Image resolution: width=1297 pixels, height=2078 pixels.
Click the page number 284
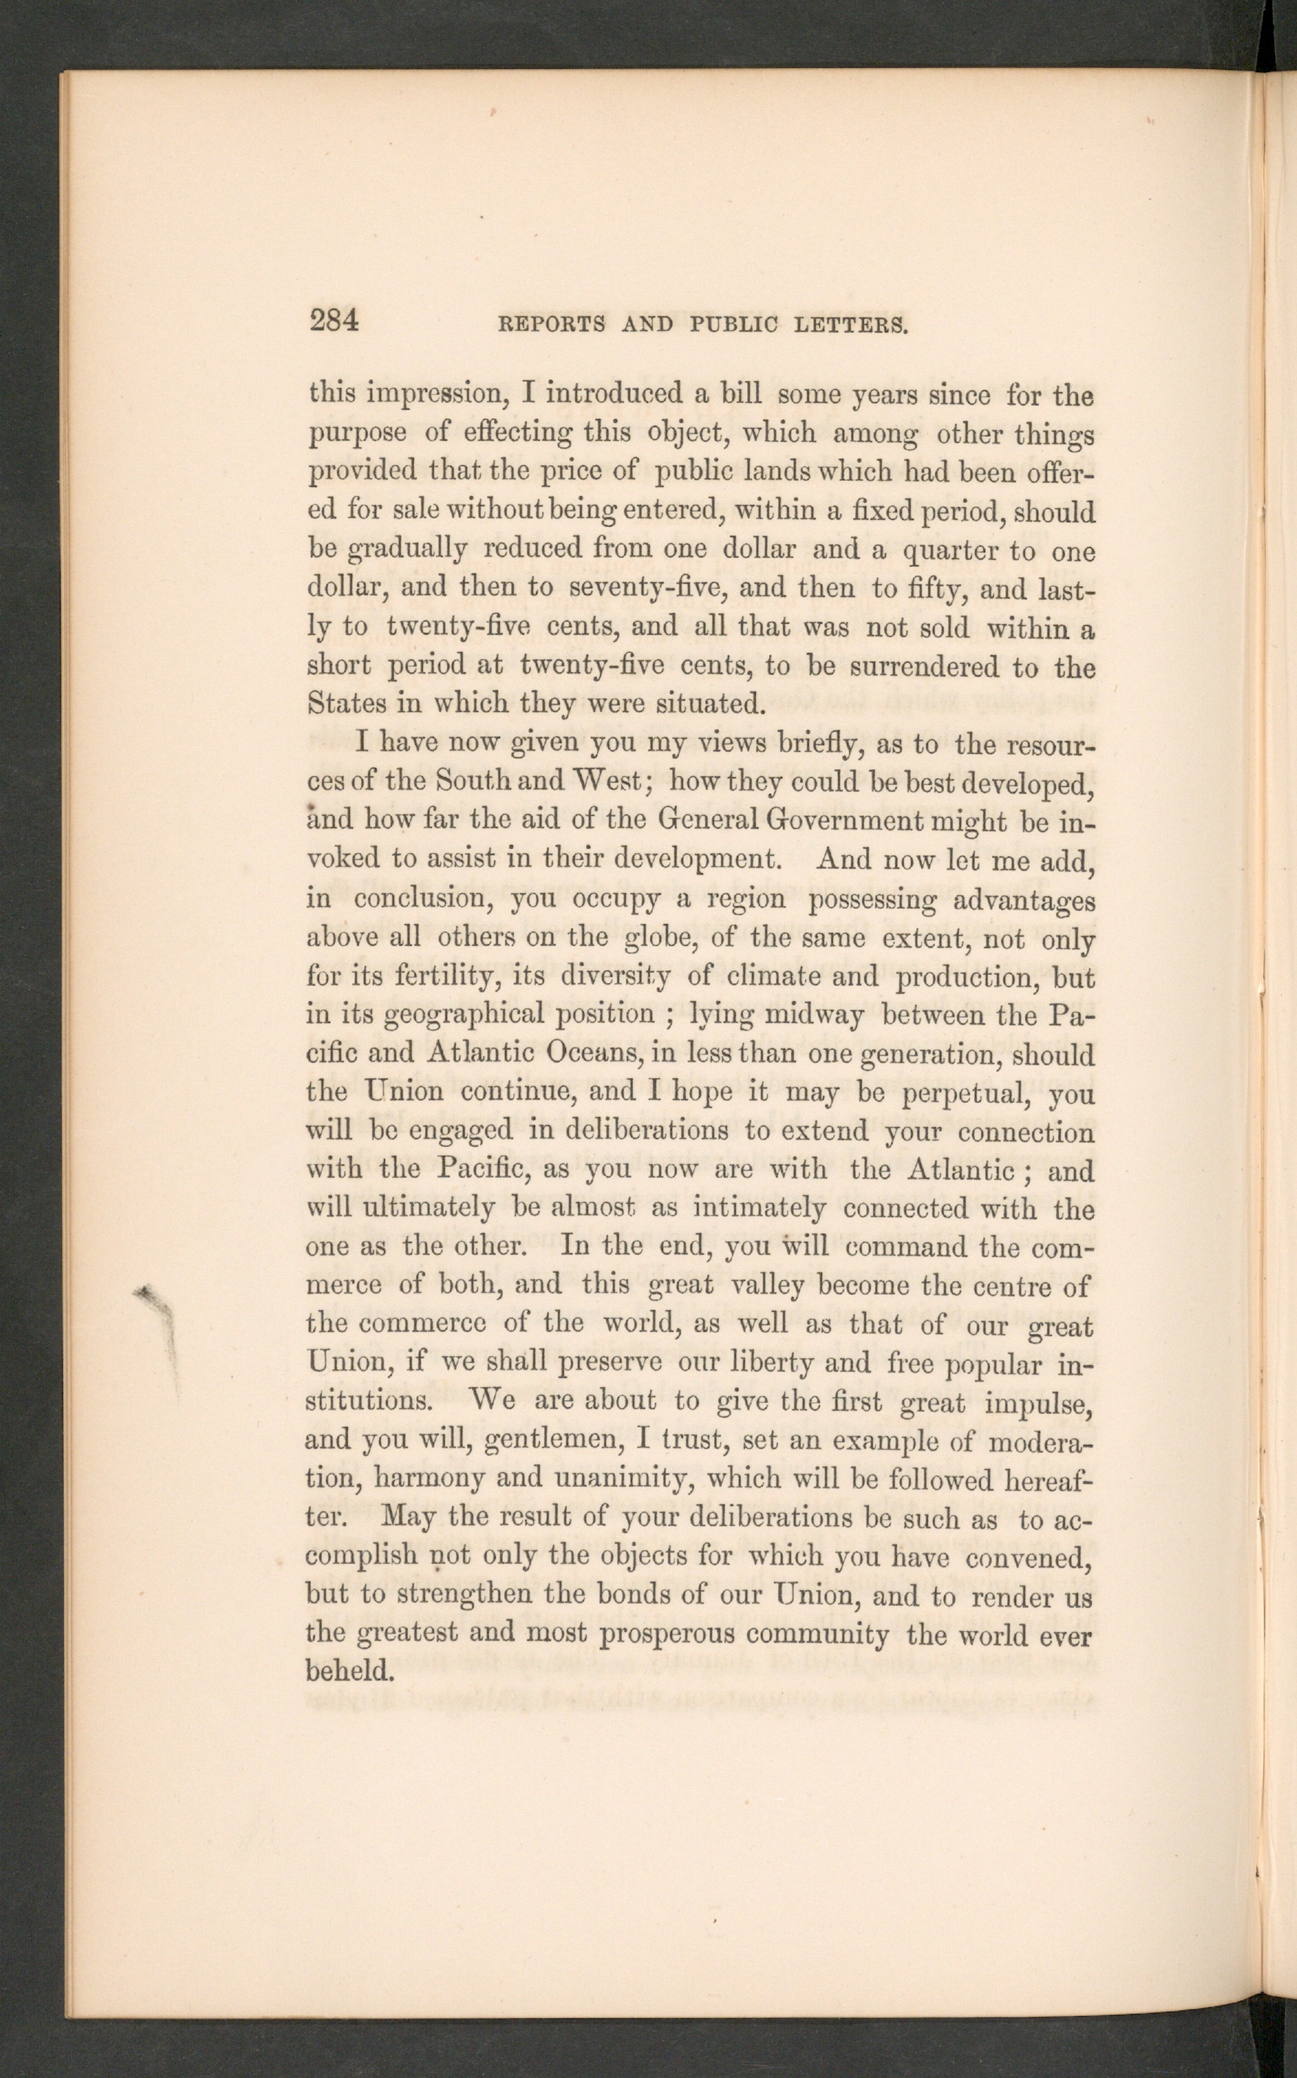point(334,321)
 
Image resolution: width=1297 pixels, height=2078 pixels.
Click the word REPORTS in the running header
point(551,324)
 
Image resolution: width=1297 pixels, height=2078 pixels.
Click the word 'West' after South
point(607,780)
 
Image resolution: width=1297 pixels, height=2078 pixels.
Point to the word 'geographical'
point(463,1015)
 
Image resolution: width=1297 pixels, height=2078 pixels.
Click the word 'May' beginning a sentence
point(408,1516)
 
